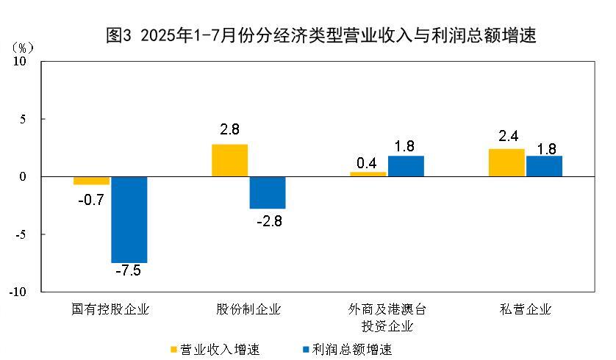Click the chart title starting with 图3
click(321, 35)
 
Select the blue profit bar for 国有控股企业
click(129, 219)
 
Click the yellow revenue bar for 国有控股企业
click(92, 181)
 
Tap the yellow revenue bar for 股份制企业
click(230, 160)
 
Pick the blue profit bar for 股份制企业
click(268, 192)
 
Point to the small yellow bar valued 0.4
click(368, 174)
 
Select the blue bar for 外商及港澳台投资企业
click(406, 166)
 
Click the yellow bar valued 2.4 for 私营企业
click(506, 162)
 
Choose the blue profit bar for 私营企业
click(544, 166)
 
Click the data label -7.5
click(128, 272)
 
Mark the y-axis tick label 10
click(20, 62)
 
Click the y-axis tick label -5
click(20, 234)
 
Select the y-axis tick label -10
click(18, 292)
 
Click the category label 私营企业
click(525, 309)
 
